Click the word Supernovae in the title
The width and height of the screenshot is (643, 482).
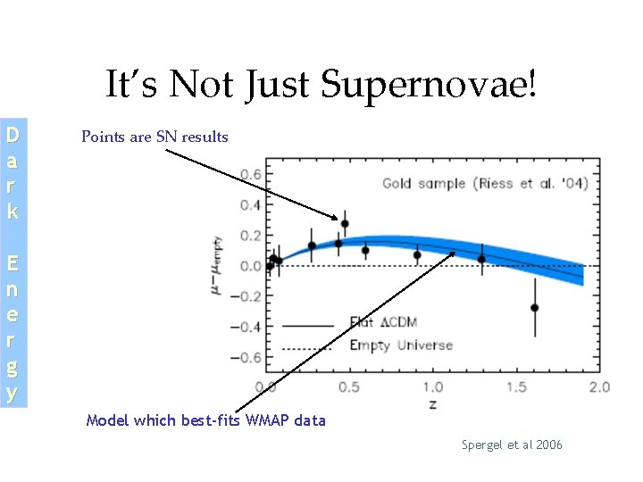pos(429,86)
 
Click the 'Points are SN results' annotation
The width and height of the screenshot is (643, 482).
pos(154,137)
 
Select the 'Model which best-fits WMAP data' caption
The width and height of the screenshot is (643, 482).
pos(205,420)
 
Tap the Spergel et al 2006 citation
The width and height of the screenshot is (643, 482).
pos(512,445)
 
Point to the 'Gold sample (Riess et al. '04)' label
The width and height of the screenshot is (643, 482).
pos(485,184)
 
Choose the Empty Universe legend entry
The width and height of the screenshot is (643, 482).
pos(400,345)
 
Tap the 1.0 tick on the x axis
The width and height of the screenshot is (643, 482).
pos(432,387)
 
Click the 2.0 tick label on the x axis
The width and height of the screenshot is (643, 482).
pos(599,387)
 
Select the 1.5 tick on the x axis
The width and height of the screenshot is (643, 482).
pos(516,387)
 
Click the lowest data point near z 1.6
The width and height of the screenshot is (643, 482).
pos(534,308)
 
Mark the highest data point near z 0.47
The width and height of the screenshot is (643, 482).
pos(345,224)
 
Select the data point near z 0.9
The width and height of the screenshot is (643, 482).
pos(417,255)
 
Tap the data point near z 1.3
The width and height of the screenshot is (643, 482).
pos(481,260)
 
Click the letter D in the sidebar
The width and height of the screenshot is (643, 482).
pos(13,137)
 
